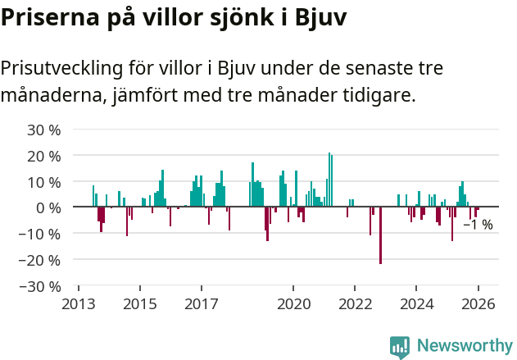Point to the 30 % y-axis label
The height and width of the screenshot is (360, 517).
coord(44,130)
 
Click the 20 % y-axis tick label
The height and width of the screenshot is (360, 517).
coord(44,156)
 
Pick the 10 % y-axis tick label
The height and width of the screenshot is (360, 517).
coord(44,182)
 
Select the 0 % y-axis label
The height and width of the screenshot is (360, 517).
coord(48,207)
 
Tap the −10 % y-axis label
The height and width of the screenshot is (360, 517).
coord(41,234)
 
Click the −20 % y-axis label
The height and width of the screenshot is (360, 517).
coord(41,260)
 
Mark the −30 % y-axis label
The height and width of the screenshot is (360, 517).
coord(41,286)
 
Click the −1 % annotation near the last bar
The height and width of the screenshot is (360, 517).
coord(478,225)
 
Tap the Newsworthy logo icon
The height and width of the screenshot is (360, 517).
coord(400,347)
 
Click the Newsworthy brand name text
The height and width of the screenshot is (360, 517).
coord(465,347)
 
